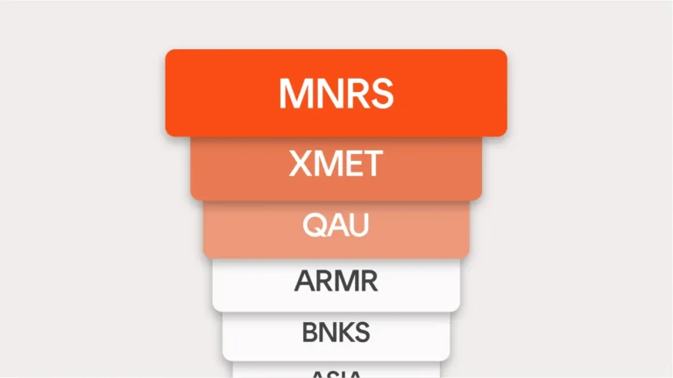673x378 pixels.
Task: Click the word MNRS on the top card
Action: (x=336, y=94)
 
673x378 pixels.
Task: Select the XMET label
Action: (x=336, y=164)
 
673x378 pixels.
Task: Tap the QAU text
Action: (x=336, y=225)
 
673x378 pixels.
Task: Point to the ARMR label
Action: (x=336, y=282)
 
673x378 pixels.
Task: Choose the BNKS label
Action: (x=336, y=332)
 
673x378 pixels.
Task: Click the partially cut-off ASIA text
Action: (x=336, y=374)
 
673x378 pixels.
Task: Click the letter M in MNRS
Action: (x=294, y=94)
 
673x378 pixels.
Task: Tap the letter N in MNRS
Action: (x=327, y=94)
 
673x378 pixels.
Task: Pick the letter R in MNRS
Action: (x=355, y=94)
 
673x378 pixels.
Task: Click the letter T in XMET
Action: (x=372, y=164)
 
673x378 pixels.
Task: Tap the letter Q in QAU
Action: (x=314, y=225)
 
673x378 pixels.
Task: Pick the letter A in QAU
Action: (x=336, y=225)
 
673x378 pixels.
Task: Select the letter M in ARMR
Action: (x=344, y=282)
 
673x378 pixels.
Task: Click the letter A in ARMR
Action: (x=303, y=282)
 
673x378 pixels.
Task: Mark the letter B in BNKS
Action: (x=308, y=332)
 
